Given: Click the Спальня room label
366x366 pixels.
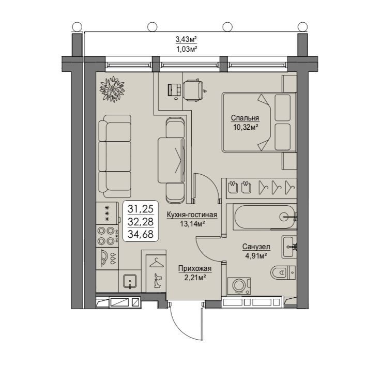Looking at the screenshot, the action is click(245, 118).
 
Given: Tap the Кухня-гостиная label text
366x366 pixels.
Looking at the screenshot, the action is click(192, 215).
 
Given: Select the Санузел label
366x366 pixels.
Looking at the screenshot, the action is click(256, 247).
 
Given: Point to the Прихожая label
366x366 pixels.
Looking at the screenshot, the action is click(195, 269).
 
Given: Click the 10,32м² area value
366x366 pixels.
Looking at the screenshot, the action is click(246, 127).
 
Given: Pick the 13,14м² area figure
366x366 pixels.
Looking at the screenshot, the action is click(192, 224).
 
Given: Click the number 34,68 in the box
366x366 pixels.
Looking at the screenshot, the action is click(141, 234).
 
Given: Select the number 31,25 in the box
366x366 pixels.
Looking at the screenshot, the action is click(141, 208).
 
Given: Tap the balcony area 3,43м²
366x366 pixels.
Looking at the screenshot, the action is click(186, 39).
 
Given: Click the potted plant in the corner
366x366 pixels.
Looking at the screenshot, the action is click(112, 89).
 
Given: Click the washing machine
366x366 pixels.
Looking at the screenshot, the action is click(239, 286).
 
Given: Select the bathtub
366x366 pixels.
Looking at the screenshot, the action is click(265, 217).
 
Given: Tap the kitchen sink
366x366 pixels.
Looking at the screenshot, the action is click(130, 281).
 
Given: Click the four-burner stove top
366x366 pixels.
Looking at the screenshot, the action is click(108, 236).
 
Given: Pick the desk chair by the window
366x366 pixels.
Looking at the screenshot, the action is click(193, 90).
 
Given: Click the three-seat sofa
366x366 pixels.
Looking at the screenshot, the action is click(115, 156).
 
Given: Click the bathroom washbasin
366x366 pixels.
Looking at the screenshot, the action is click(289, 247).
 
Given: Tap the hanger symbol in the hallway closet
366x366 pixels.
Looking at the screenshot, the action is click(157, 263).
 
